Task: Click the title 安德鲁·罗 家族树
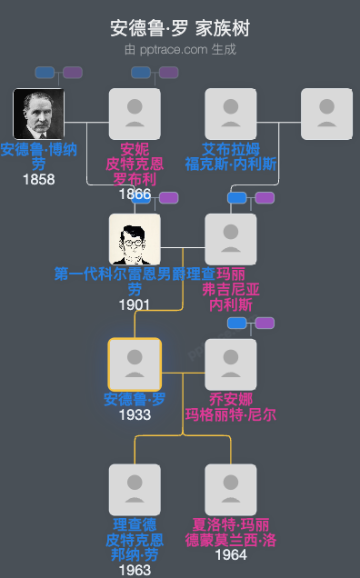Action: pos(180,27)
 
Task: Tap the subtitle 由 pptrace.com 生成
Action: pos(180,49)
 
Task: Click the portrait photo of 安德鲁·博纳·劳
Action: pos(38,114)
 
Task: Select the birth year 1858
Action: pos(38,179)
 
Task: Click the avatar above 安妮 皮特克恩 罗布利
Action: pos(135,114)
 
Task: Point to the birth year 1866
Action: pos(135,194)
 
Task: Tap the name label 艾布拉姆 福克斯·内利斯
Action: pos(231,156)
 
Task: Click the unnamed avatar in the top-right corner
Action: pos(327,114)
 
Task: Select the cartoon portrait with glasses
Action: pos(135,239)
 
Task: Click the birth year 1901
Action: pos(135,304)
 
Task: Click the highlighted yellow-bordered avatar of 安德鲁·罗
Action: pos(135,364)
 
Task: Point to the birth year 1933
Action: pos(135,414)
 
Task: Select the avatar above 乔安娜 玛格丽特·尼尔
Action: pos(231,364)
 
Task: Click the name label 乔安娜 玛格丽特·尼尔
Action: pos(231,407)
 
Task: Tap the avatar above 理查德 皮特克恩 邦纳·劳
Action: pos(135,490)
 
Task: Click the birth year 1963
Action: pos(135,570)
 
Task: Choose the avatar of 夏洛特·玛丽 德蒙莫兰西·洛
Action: pos(231,490)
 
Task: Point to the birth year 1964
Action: pos(231,554)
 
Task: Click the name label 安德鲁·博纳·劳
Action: pos(38,156)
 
